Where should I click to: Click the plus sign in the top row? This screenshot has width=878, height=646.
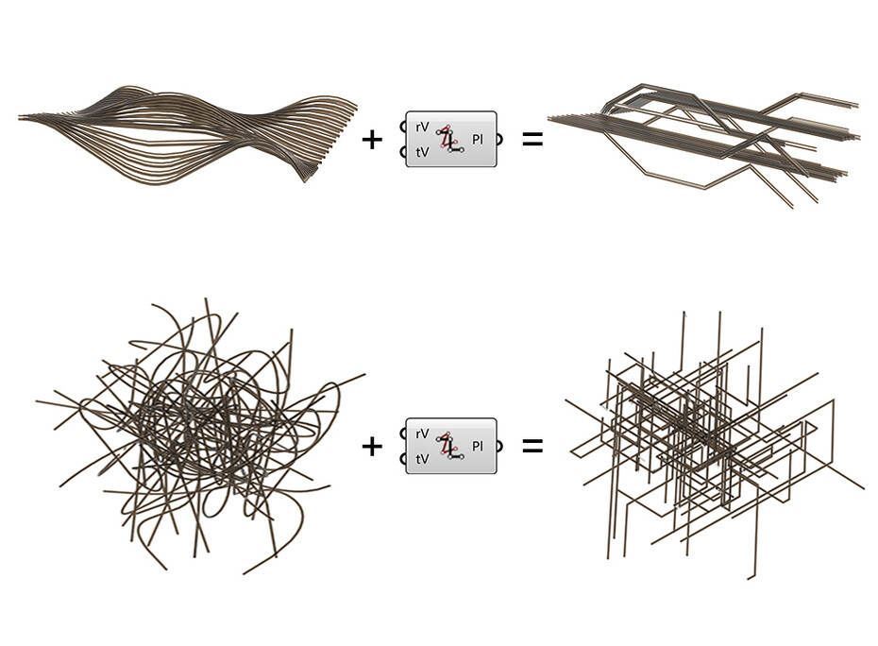tap(373, 140)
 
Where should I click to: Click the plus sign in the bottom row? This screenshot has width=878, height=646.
tap(373, 446)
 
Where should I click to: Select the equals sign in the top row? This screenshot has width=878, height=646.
tap(532, 140)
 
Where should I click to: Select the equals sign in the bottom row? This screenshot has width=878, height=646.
tap(532, 445)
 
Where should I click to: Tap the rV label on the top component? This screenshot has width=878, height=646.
tap(422, 127)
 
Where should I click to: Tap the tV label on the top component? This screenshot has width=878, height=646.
tap(422, 152)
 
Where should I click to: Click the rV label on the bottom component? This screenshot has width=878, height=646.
tap(422, 433)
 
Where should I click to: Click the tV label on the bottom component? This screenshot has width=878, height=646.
tap(422, 458)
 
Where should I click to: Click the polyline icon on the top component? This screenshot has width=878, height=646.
tap(450, 140)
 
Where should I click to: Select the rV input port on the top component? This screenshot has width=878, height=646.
tap(405, 127)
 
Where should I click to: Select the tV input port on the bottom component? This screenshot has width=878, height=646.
tap(405, 459)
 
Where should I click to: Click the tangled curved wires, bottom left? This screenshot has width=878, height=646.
tap(198, 434)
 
